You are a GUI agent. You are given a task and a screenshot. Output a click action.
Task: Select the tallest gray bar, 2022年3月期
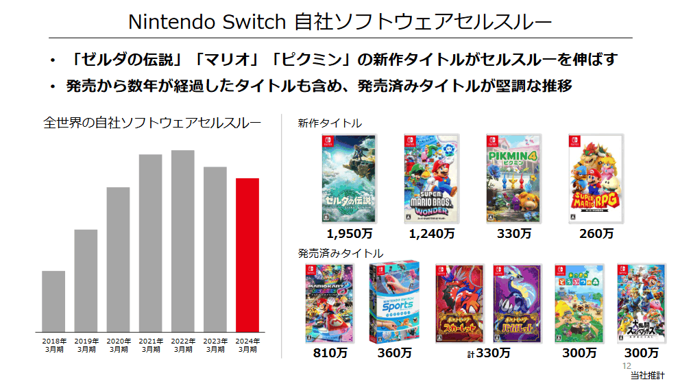182,241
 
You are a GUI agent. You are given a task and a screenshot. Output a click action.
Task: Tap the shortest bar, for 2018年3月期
53,301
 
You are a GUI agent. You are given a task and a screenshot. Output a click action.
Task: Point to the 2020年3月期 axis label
118,345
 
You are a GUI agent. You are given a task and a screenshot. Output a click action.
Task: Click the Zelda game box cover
349,178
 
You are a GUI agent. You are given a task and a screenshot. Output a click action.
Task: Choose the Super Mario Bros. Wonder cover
431,178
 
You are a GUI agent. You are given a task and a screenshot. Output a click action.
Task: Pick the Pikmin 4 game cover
513,178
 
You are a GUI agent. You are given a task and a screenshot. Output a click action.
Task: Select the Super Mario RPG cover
596,178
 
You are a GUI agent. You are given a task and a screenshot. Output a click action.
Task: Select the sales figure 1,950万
349,234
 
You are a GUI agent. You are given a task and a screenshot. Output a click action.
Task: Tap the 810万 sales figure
328,354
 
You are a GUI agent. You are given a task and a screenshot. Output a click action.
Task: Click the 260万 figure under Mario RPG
596,234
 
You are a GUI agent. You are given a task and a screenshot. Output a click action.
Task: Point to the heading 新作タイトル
330,123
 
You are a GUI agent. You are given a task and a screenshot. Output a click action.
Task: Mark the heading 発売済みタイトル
341,254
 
